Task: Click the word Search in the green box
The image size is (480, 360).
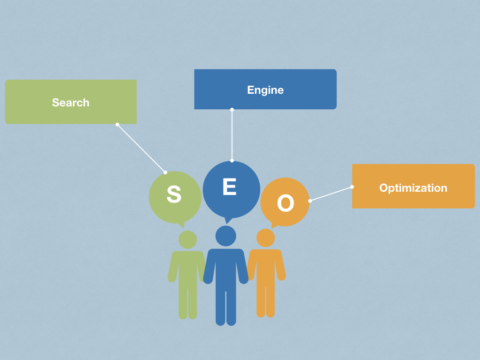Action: click(x=70, y=103)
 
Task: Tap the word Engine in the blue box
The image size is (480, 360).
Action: click(x=265, y=90)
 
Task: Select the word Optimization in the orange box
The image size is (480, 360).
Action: click(x=413, y=188)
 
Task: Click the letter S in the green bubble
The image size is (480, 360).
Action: click(x=174, y=195)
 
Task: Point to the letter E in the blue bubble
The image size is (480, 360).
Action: click(x=229, y=187)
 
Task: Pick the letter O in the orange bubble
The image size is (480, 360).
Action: click(x=285, y=203)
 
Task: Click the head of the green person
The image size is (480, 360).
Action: click(x=187, y=240)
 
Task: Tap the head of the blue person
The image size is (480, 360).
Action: click(x=225, y=236)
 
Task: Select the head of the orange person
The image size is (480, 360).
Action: click(x=265, y=238)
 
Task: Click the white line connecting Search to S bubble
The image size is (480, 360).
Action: click(x=141, y=148)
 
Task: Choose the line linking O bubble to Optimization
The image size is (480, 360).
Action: click(x=331, y=194)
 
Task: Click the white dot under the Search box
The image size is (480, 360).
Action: click(x=117, y=124)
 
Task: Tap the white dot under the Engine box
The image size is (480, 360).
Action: click(x=232, y=110)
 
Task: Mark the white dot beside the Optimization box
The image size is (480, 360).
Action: click(x=352, y=187)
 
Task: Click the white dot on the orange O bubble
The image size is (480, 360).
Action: click(x=310, y=201)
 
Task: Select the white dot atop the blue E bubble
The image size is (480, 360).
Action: click(x=232, y=160)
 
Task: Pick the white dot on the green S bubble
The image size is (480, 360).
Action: click(x=165, y=172)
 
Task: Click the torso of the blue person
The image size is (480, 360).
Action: click(x=225, y=267)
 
